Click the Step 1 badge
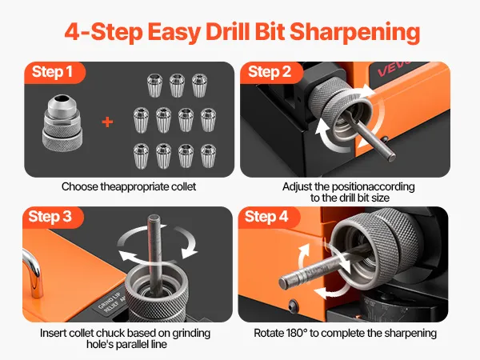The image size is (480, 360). pyautogui.click(x=54, y=73)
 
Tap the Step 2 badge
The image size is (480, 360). pyautogui.click(x=271, y=73)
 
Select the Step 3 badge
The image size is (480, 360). pyautogui.click(x=53, y=218)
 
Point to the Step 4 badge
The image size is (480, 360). pyautogui.click(x=269, y=218)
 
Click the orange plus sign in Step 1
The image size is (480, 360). pyautogui.click(x=107, y=122)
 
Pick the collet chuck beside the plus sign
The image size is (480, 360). pyautogui.click(x=62, y=123)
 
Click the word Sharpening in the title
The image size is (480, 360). pyautogui.click(x=354, y=33)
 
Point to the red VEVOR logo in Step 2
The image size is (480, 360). pyautogui.click(x=394, y=69)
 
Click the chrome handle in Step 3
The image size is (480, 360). pyautogui.click(x=33, y=273)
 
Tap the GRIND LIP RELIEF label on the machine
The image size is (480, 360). pyautogui.click(x=111, y=302)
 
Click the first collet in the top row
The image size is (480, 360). pyautogui.click(x=154, y=85)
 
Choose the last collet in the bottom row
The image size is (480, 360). pyautogui.click(x=209, y=156)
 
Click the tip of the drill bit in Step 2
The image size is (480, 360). pyautogui.click(x=391, y=157)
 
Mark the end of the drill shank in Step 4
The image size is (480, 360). pyautogui.click(x=284, y=282)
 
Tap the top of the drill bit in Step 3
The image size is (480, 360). pyautogui.click(x=154, y=218)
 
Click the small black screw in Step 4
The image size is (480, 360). pyautogui.click(x=293, y=305)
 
